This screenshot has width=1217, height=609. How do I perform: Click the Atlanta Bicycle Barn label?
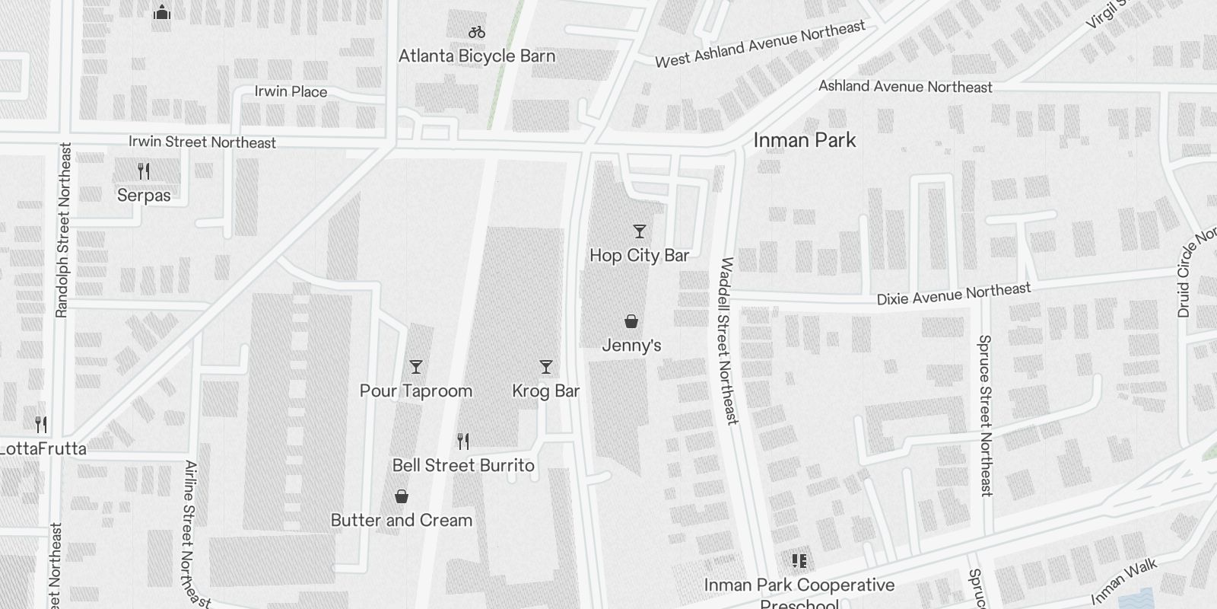[x=477, y=56]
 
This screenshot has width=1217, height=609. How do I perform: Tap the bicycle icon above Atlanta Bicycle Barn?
[x=477, y=32]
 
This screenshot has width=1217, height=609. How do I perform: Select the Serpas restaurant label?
[x=144, y=196]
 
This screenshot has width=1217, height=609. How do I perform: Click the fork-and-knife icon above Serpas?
[x=144, y=171]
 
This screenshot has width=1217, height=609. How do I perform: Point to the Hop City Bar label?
[x=639, y=256]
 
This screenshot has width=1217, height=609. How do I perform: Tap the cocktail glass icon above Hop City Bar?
[x=639, y=231]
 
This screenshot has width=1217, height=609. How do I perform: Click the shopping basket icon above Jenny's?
[x=631, y=321]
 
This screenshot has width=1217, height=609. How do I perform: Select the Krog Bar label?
[x=545, y=391]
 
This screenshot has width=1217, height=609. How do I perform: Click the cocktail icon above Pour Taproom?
[x=415, y=367]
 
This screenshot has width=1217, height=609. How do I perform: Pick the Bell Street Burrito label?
[x=463, y=466]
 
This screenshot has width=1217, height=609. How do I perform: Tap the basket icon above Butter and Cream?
[x=402, y=496]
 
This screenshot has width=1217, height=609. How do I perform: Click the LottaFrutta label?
[x=43, y=449]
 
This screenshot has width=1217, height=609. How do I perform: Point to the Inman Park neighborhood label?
[x=804, y=140]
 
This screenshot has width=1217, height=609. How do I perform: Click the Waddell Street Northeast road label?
[x=728, y=340]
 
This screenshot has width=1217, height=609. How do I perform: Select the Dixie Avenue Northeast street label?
[x=954, y=295]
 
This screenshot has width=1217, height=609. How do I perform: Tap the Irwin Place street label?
[x=291, y=92]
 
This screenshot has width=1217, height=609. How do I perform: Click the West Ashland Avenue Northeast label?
[x=760, y=43]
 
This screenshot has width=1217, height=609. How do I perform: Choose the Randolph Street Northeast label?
[x=62, y=230]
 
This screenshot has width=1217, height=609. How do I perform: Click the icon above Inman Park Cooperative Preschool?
[x=799, y=562]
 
